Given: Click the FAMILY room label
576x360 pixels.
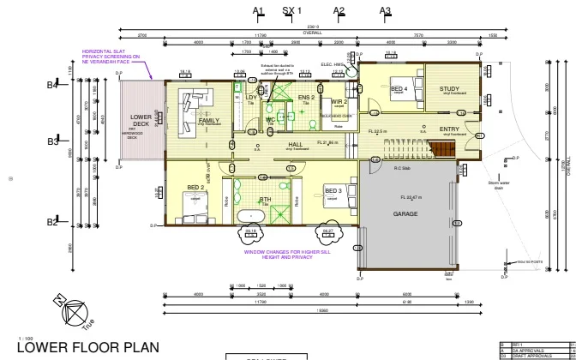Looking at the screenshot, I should pos(208,121).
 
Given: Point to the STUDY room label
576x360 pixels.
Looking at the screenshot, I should pos(449,89).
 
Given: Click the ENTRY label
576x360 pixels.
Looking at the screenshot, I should pos(449,129).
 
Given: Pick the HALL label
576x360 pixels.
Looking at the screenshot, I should pos(296,145).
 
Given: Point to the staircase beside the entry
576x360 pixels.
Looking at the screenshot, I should pos(443,151).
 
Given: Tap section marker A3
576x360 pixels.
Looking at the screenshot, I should pos(386,10).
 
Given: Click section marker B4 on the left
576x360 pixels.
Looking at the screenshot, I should pos(52,85).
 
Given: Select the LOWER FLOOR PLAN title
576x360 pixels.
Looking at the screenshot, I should pos(87,347).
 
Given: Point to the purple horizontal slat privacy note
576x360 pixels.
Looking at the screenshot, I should pos(111,57).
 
